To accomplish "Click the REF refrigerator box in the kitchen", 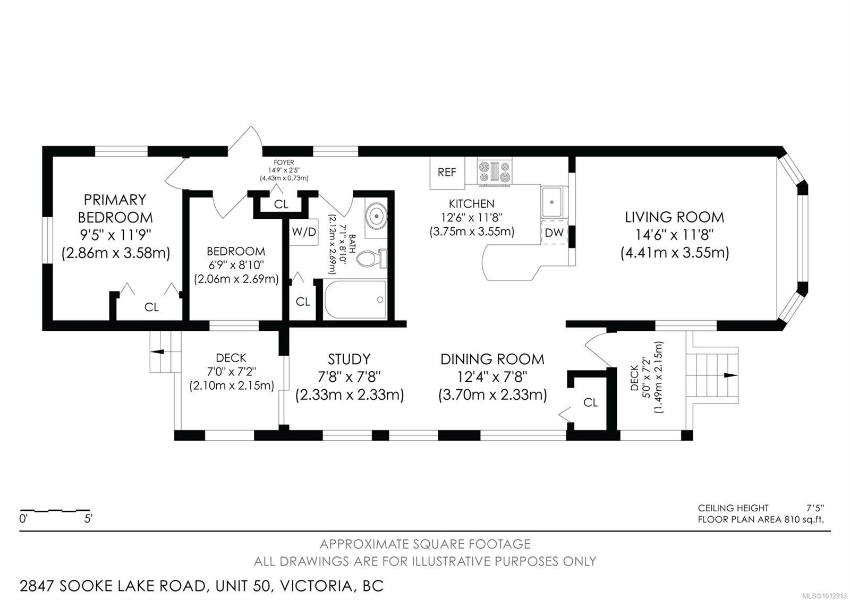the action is (447, 173).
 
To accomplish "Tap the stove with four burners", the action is (495, 172).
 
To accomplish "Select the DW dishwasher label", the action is (554, 233).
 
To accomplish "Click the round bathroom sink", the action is (376, 216).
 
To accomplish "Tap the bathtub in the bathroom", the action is (355, 299).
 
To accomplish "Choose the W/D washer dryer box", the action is (304, 232).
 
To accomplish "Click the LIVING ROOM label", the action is (674, 217).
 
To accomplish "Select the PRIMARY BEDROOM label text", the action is (115, 209).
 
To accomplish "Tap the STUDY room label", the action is (348, 359).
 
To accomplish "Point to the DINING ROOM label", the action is (492, 359).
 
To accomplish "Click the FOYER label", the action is (284, 162).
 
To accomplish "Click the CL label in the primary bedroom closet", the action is (151, 307).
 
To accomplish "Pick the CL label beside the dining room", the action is (590, 402).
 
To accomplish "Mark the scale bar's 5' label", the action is (88, 519).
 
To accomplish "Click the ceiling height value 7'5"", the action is (815, 508).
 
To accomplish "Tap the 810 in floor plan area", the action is (791, 519).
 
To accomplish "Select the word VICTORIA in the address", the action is (316, 586).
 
